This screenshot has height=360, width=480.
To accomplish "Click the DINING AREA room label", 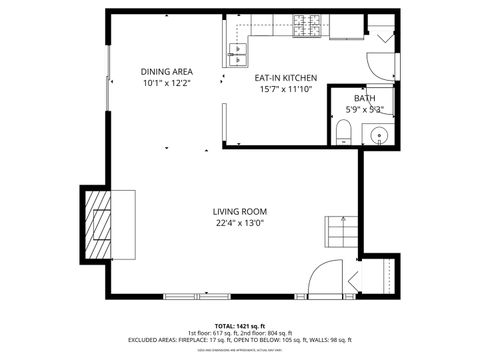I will click(166, 71).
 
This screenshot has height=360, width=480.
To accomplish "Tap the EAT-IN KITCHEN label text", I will click(285, 77).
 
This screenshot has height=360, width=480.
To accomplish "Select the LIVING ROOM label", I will click(239, 211).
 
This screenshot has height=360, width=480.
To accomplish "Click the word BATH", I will click(364, 99).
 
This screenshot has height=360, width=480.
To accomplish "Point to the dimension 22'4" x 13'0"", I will click(239, 224).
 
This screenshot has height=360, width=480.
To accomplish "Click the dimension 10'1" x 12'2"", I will click(166, 83).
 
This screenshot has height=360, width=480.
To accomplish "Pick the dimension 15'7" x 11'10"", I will click(285, 89).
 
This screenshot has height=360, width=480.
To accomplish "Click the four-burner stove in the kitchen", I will click(305, 27).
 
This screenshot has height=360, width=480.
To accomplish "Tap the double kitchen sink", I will click(240, 49).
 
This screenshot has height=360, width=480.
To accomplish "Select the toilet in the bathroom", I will click(341, 131).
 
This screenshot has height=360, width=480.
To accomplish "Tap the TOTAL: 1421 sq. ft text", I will click(239, 325).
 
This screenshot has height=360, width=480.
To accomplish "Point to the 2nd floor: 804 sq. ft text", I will click(267, 333).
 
